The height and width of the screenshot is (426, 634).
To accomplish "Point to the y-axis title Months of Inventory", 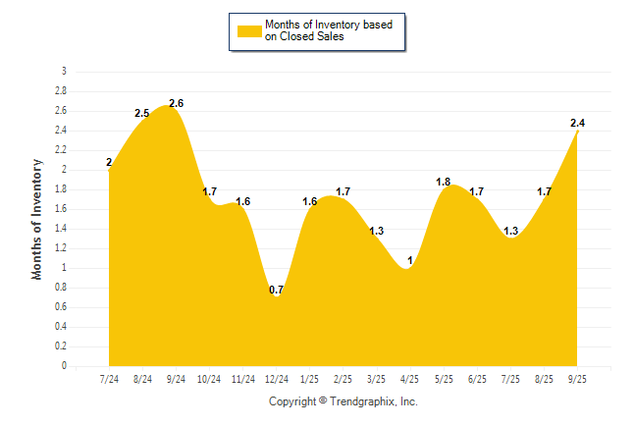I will coord(37,219).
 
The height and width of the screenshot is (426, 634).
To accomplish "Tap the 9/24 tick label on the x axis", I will coord(176,379).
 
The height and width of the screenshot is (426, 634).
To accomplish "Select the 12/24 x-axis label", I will coord(276,379).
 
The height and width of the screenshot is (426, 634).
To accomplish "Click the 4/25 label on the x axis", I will coord(409,379).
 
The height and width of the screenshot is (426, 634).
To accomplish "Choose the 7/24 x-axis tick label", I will coord(109,379).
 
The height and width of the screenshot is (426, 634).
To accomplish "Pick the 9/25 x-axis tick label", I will coord(576,379).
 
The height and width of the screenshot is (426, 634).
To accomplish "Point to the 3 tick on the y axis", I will coord(65,71).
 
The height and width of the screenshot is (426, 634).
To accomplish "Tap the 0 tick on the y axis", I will coord(65,365).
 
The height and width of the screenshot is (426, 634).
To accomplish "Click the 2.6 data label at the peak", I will coord(177,103).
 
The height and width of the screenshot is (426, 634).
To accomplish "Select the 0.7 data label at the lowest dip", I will coord(276,290).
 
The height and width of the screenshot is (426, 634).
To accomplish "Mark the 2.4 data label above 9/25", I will coord(578,123).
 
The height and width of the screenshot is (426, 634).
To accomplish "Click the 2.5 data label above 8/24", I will coord(142,114).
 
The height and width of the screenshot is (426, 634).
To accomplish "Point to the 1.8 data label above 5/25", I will coord(443,182).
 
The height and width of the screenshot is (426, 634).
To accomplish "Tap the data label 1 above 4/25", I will coord(409,260).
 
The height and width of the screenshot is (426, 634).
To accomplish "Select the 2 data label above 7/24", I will coord(109,163).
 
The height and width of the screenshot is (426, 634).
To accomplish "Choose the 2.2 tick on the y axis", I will coord(61,149).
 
